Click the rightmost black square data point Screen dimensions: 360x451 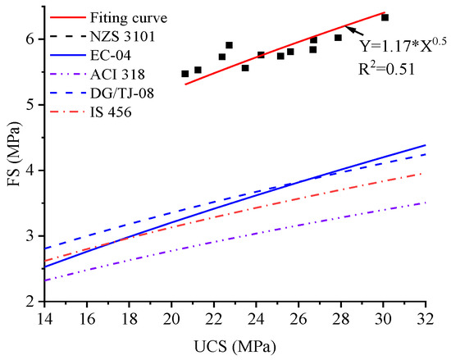pos(385,17)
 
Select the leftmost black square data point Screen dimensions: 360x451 pos(184,74)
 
